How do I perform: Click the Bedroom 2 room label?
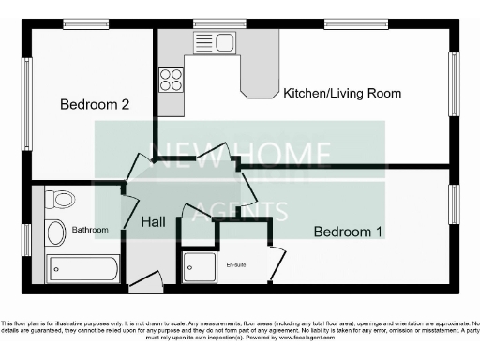95,105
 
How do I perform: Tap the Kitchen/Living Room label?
342,93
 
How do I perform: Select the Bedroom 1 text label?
348,232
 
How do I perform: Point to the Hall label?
155,223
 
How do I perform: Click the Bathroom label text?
91,230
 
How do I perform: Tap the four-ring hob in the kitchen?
171,80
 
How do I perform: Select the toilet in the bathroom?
62,199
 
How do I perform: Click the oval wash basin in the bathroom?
55,232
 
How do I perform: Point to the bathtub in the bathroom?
84,269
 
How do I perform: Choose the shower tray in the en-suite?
199,267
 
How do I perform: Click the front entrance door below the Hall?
145,280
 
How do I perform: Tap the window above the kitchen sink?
218,22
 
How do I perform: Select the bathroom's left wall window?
27,238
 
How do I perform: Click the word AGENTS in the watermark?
238,210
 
